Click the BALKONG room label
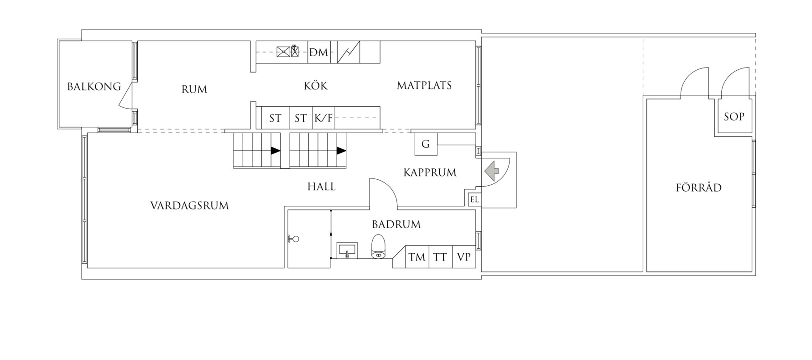click(94, 86)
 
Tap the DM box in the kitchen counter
click(318, 52)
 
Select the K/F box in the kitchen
click(323, 118)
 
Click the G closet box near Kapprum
click(426, 144)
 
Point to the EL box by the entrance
click(474, 199)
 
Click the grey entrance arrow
click(491, 171)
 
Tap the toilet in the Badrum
click(378, 247)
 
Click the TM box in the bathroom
click(416, 257)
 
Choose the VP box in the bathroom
click(464, 257)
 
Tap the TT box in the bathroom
click(440, 257)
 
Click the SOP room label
click(734, 116)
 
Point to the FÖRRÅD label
click(698, 188)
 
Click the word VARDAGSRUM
click(189, 205)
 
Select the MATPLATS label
click(424, 85)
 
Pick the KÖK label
click(316, 85)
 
